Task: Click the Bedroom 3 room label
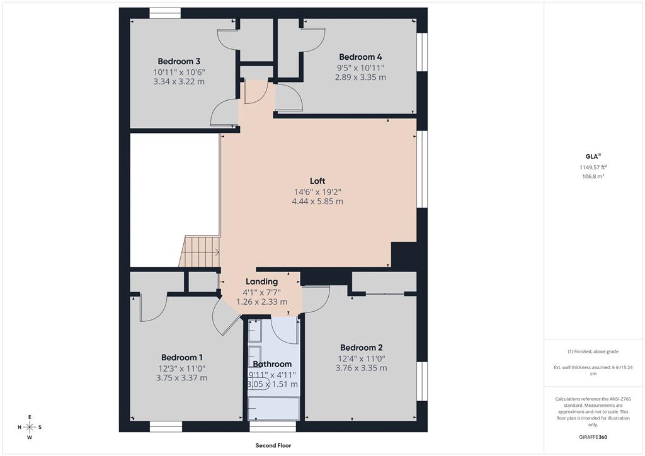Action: pyautogui.click(x=179, y=61)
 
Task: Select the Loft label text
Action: pyautogui.click(x=317, y=181)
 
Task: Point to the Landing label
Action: pyautogui.click(x=261, y=282)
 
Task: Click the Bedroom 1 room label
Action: pyautogui.click(x=181, y=357)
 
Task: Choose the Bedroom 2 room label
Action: pyautogui.click(x=361, y=347)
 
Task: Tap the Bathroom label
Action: pyautogui.click(x=273, y=364)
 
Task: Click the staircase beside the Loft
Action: pyautogui.click(x=200, y=251)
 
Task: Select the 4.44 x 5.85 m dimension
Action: pyautogui.click(x=317, y=202)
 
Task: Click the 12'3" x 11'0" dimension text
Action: pyautogui.click(x=181, y=368)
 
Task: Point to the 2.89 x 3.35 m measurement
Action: pyautogui.click(x=360, y=77)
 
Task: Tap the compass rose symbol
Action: pyautogui.click(x=30, y=427)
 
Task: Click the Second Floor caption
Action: pyautogui.click(x=273, y=446)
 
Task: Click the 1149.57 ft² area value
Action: pyautogui.click(x=593, y=167)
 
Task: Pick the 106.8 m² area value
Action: pyautogui.click(x=593, y=177)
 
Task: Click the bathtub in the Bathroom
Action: pyautogui.click(x=273, y=408)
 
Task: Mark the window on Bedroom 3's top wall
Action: pyautogui.click(x=165, y=13)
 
